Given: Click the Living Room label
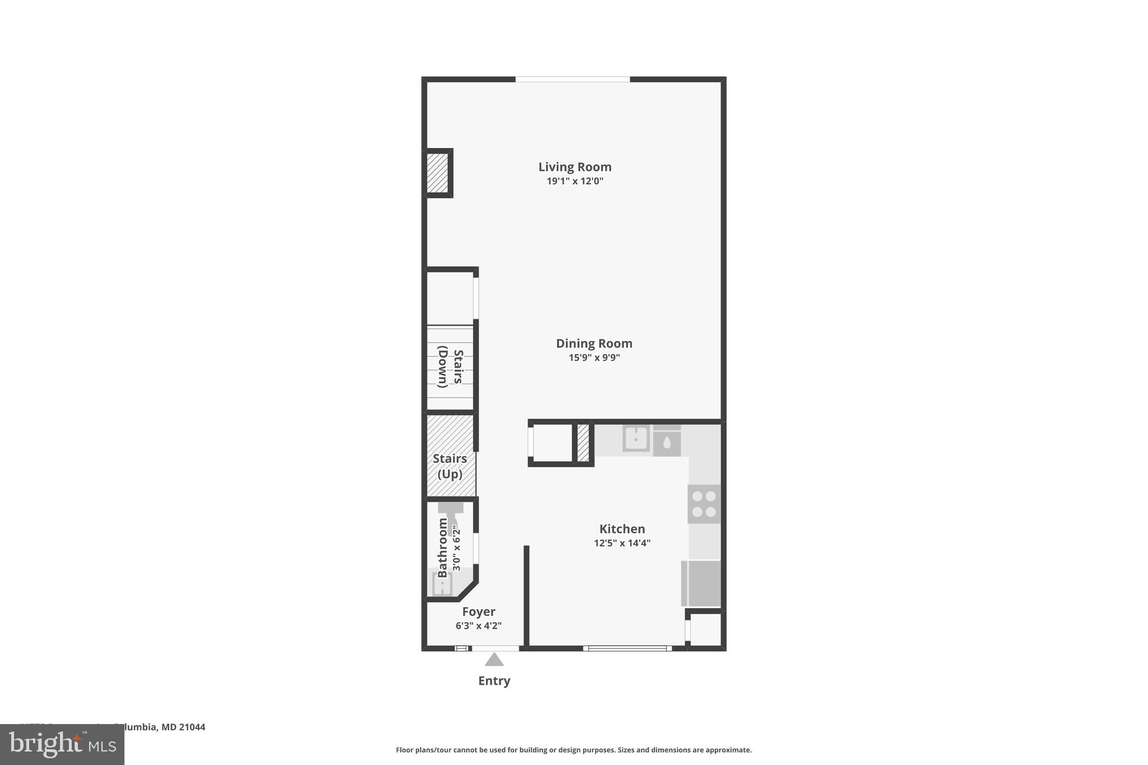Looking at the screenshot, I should [575, 167].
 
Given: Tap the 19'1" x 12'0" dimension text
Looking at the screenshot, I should [575, 181].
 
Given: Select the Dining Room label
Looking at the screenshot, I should [594, 344].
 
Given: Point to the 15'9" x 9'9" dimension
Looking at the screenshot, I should [594, 358].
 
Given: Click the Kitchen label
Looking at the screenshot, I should [622, 529].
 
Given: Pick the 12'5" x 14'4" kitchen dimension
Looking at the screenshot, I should [622, 543].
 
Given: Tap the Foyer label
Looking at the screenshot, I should [478, 612].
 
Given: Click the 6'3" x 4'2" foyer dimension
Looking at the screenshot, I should [478, 626].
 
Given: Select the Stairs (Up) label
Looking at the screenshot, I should [450, 466].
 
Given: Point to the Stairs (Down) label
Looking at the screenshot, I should [450, 367].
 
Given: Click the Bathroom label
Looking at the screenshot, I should [442, 548].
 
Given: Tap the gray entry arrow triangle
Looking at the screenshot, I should [494, 660].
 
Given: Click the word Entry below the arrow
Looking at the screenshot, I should [494, 681].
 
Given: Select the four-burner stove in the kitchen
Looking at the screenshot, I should [704, 504].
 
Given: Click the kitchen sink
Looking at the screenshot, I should [636, 438].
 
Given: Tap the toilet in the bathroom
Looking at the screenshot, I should [451, 514].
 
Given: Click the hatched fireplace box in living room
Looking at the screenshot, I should [437, 173].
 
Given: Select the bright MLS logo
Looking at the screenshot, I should [62, 744].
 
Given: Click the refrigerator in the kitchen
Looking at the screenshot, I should [701, 583].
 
